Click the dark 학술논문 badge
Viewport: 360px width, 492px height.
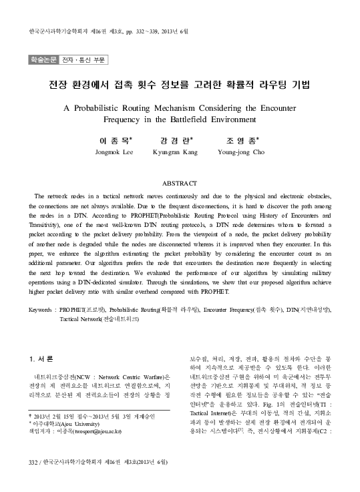pyautogui.click(x=42, y=59)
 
